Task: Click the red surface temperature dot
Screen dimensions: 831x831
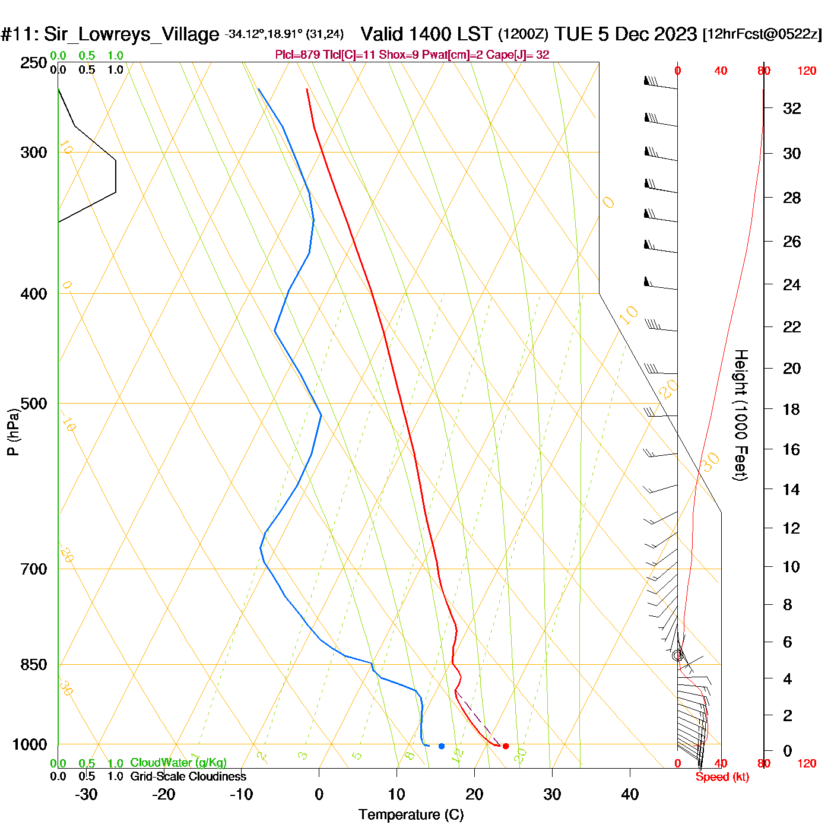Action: click(x=506, y=746)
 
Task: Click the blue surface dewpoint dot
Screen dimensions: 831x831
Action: click(x=442, y=746)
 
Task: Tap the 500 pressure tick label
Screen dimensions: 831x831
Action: click(x=34, y=404)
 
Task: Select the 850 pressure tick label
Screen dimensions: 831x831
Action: click(x=34, y=665)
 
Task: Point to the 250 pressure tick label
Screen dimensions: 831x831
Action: click(x=34, y=63)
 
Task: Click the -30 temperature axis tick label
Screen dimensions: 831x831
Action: click(x=86, y=794)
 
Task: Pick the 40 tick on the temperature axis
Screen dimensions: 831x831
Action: click(x=630, y=794)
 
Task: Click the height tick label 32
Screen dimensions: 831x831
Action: click(x=792, y=109)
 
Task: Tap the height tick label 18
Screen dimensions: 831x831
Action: click(x=791, y=410)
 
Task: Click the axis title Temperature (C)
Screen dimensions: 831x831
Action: click(x=411, y=815)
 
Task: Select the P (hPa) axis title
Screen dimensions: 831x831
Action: click(x=13, y=432)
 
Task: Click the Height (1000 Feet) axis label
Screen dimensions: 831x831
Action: click(x=741, y=415)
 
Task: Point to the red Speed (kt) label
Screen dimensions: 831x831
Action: click(x=722, y=777)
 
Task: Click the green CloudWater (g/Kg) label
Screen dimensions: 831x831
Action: click(x=178, y=763)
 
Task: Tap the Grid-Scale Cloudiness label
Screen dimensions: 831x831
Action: click(x=188, y=776)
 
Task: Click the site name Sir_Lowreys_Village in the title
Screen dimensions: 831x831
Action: click(x=131, y=34)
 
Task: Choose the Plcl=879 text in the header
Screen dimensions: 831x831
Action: click(x=297, y=55)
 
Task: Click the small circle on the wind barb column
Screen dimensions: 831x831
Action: click(x=677, y=656)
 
